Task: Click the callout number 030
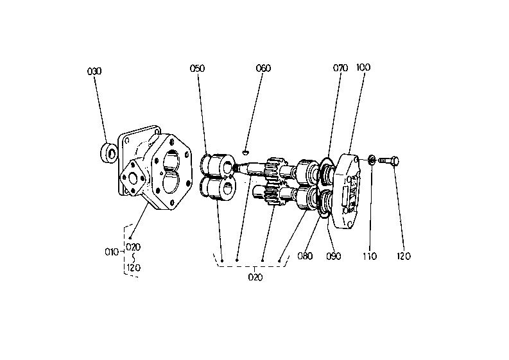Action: pyautogui.click(x=94, y=71)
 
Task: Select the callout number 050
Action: pyautogui.click(x=197, y=68)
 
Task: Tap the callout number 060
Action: pyautogui.click(x=263, y=68)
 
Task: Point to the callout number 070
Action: pyautogui.click(x=341, y=68)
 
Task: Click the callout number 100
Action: pyautogui.click(x=363, y=67)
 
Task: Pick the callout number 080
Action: pyautogui.click(x=305, y=256)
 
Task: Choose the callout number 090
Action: pyautogui.click(x=334, y=256)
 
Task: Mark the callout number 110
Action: pyautogui.click(x=370, y=256)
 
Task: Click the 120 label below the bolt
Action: pyautogui.click(x=404, y=256)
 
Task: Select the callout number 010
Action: pyautogui.click(x=112, y=252)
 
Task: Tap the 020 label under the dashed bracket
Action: pyautogui.click(x=255, y=277)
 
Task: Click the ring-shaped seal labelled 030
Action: pyautogui.click(x=108, y=152)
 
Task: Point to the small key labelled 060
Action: pyautogui.click(x=246, y=151)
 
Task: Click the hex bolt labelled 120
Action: pyautogui.click(x=389, y=160)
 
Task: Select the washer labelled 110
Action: pyautogui.click(x=372, y=160)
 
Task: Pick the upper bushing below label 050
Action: pyautogui.click(x=218, y=165)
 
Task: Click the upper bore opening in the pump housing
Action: pyautogui.click(x=171, y=160)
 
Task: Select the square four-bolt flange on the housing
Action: pyautogui.click(x=133, y=178)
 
